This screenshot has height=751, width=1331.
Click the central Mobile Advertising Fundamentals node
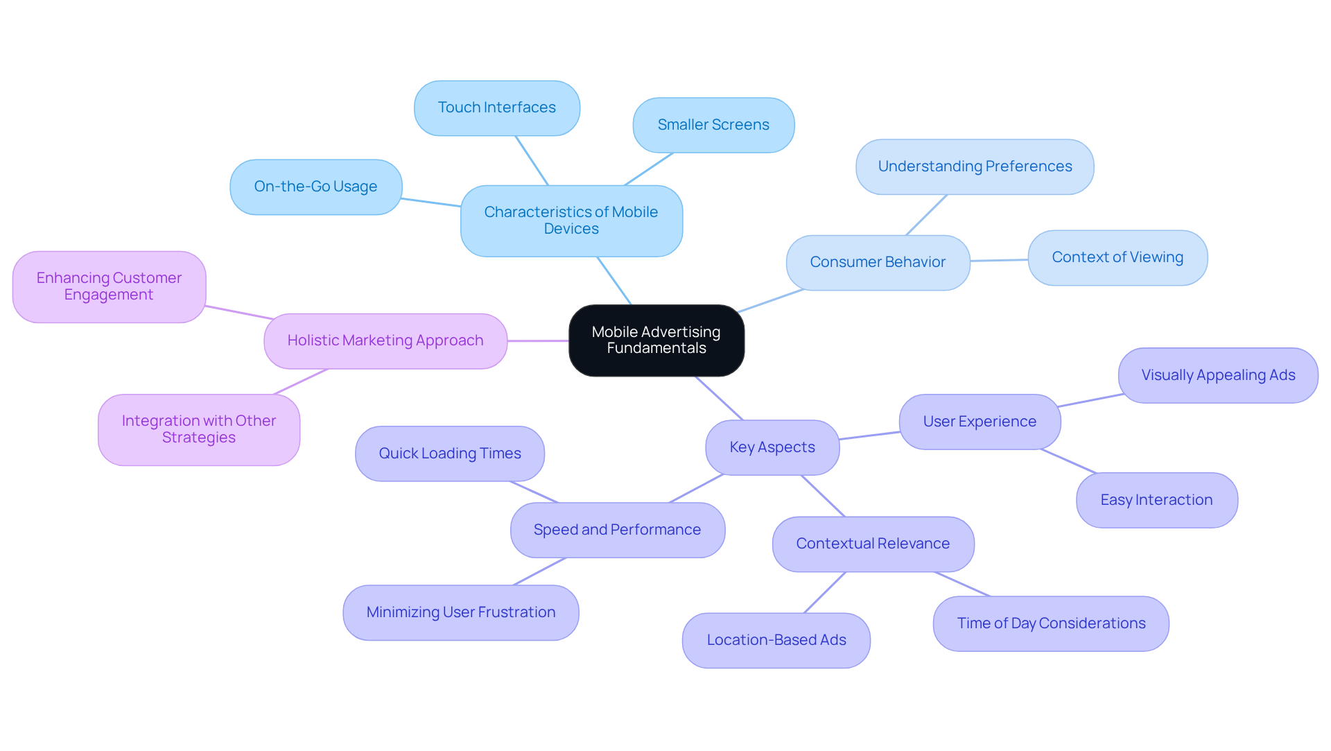pyautogui.click(x=656, y=340)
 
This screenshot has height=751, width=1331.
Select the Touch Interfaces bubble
pyautogui.click(x=496, y=108)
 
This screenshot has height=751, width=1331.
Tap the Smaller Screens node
pyautogui.click(x=713, y=125)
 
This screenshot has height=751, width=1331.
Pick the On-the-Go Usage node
pyautogui.click(x=315, y=187)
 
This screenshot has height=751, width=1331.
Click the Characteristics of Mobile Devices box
pyautogui.click(x=571, y=221)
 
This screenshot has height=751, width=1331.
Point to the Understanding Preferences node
pyautogui.click(x=974, y=166)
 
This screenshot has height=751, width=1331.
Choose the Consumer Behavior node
pyautogui.click(x=877, y=262)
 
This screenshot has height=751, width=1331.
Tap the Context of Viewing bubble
pyautogui.click(x=1117, y=257)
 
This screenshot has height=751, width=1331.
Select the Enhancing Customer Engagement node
pyautogui.click(x=109, y=286)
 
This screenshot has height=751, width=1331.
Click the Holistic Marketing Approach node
pyautogui.click(x=385, y=340)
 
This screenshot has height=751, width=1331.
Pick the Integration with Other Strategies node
pyautogui.click(x=198, y=429)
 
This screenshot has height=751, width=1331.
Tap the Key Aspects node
pyautogui.click(x=772, y=447)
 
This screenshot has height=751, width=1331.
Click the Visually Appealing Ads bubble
pyautogui.click(x=1217, y=375)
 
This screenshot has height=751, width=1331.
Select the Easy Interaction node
pyautogui.click(x=1156, y=500)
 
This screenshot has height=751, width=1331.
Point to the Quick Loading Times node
pyautogui.click(x=449, y=454)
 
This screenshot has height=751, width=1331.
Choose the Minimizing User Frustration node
pyautogui.click(x=460, y=612)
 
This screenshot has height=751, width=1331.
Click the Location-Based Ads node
pyautogui.click(x=776, y=640)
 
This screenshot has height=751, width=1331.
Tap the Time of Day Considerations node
pyautogui.click(x=1050, y=623)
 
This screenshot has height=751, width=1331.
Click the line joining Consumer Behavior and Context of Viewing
pyautogui.click(x=999, y=261)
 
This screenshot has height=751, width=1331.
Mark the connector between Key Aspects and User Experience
pyautogui.click(x=869, y=435)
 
